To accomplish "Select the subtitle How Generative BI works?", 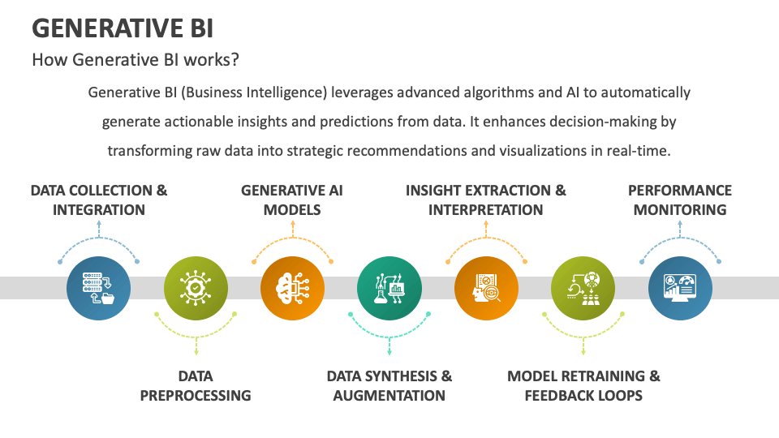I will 135,60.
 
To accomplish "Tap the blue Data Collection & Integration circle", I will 98,288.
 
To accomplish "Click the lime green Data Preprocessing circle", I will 196,288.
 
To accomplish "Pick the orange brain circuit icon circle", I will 292,288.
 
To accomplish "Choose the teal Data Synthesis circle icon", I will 389,288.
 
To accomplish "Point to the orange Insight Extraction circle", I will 486,288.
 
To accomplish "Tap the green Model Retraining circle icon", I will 583,288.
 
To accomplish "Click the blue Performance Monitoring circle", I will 680,288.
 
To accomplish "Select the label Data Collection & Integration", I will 99,200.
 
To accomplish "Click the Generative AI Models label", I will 292,200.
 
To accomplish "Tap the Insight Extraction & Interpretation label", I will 486,200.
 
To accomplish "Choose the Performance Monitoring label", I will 680,200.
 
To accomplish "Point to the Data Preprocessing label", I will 196,386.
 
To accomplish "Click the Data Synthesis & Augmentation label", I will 389,386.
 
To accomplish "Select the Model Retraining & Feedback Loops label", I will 583,386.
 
